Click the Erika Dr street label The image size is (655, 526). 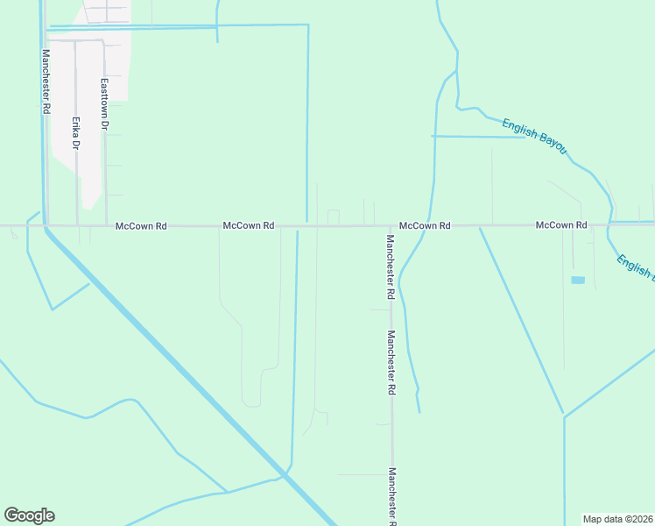[76, 132]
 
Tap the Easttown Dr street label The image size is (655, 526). [104, 104]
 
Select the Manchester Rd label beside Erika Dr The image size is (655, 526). [46, 81]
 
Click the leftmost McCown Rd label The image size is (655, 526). [141, 226]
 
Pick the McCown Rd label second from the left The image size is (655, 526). [249, 226]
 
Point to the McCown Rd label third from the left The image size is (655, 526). [425, 226]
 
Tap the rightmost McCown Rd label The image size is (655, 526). [561, 226]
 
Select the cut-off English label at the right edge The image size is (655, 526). [634, 267]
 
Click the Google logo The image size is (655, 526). [29, 515]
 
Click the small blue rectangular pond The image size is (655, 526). [577, 280]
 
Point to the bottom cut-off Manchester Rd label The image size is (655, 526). [391, 495]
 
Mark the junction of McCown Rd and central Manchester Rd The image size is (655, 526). [391, 226]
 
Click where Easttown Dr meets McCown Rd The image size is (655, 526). [107, 226]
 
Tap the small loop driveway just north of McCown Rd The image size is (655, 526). [333, 216]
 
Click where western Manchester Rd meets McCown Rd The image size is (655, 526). [46, 226]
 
